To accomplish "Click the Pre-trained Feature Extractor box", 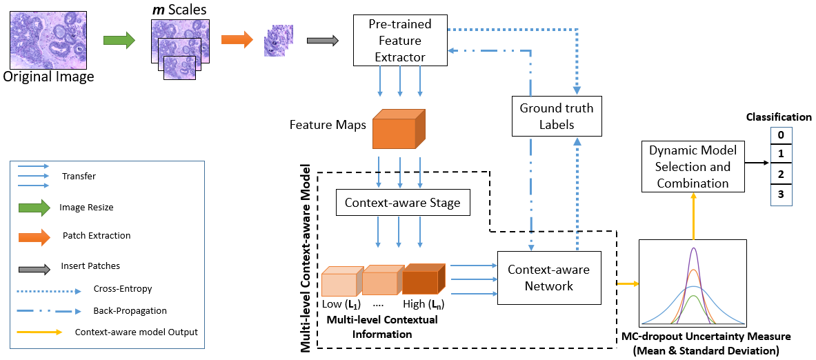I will tap(399, 41).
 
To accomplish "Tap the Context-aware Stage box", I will tap(402, 203).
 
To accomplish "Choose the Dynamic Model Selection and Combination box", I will tap(693, 166).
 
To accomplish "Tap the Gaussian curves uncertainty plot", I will tap(693, 283).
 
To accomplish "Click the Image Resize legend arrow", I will tap(34, 206).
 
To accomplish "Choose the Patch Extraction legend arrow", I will tap(34, 237).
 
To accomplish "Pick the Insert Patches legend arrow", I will tap(34, 266).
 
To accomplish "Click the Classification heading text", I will tap(779, 117).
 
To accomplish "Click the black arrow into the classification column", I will tap(757, 164).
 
